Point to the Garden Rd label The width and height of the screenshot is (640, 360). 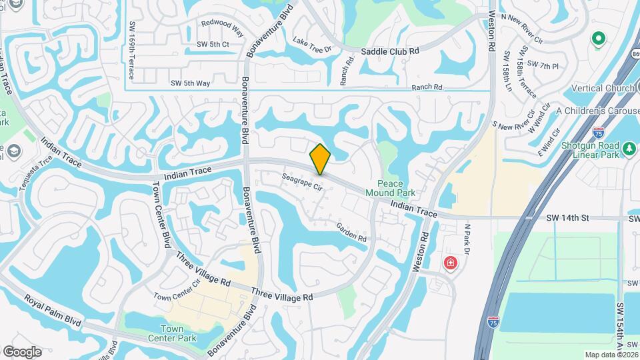(x=351, y=232)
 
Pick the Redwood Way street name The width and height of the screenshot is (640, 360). (x=223, y=26)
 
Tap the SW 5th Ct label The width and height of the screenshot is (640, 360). (x=213, y=45)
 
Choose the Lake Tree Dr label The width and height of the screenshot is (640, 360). (x=311, y=46)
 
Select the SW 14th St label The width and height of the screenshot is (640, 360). (x=569, y=218)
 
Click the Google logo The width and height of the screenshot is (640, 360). (x=22, y=351)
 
